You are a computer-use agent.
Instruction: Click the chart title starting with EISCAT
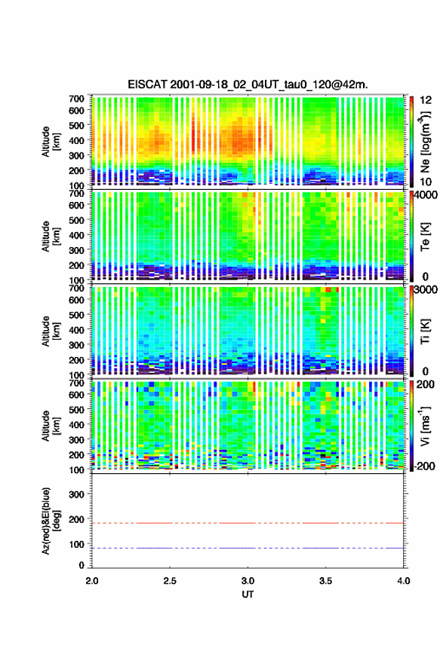coord(248,84)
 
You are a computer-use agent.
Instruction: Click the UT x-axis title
coord(248,594)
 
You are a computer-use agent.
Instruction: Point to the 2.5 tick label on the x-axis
coord(170,581)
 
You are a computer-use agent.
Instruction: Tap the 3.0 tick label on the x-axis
coord(248,581)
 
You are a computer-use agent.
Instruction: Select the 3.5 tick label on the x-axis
coord(326,581)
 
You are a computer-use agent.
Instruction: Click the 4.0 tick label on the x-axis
coord(404,581)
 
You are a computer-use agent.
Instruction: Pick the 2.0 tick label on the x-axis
coord(92,581)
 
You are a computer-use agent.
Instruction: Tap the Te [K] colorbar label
coord(425,237)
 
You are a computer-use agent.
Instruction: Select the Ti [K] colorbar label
coord(425,331)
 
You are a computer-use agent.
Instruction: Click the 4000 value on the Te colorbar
coord(426,196)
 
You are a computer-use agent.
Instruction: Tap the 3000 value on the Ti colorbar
coord(426,290)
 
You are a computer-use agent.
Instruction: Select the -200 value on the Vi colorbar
coord(425,466)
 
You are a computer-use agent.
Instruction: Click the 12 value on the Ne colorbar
coord(426,100)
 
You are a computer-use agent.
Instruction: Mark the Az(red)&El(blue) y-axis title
coord(49,521)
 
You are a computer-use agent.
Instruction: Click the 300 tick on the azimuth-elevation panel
coord(76,494)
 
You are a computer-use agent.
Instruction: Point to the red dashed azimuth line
coord(248,523)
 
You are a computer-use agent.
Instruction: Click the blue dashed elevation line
coord(248,548)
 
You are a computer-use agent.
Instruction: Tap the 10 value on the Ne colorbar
coord(426,182)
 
